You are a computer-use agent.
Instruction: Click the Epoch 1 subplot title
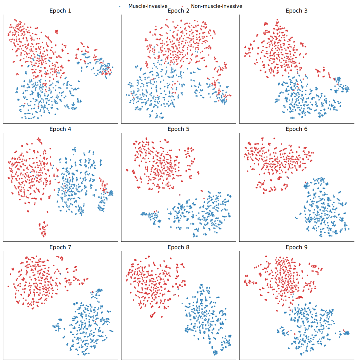pyautogui.click(x=60, y=11)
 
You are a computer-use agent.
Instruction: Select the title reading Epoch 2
pyautogui.click(x=178, y=11)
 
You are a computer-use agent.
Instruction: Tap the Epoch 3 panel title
pyautogui.click(x=296, y=11)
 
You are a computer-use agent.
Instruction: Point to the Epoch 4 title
pyautogui.click(x=60, y=129)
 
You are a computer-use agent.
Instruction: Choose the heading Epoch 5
pyautogui.click(x=178, y=129)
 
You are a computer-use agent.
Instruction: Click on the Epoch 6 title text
pyautogui.click(x=296, y=129)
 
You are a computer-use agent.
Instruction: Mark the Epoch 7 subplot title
pyautogui.click(x=60, y=247)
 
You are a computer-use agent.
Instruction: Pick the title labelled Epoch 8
pyautogui.click(x=178, y=247)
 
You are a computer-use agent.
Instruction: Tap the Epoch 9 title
pyautogui.click(x=296, y=247)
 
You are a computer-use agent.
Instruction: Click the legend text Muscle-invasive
pyautogui.click(x=148, y=6)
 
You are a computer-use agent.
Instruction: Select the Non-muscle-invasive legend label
pyautogui.click(x=217, y=6)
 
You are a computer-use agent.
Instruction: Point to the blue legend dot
pyautogui.click(x=120, y=6)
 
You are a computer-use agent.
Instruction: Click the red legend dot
pyautogui.click(x=183, y=6)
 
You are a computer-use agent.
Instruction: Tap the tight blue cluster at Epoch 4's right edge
pyautogui.click(x=110, y=193)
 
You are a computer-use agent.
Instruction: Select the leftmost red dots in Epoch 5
pyautogui.click(x=127, y=170)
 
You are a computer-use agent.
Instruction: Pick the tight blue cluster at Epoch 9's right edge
pyautogui.click(x=347, y=333)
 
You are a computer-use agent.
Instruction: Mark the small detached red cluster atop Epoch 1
pyautogui.click(x=56, y=32)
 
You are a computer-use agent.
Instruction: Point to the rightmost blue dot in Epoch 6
pyautogui.click(x=348, y=229)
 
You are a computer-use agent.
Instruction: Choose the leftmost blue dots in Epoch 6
pyautogui.click(x=296, y=218)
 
